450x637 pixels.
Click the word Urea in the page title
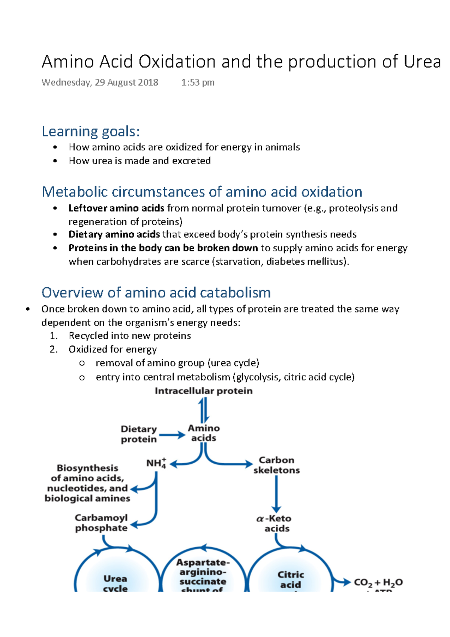[422, 62]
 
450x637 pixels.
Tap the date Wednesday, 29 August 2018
[100, 83]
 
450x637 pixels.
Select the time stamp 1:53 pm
[198, 83]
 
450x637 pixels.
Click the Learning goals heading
[91, 132]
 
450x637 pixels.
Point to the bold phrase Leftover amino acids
[116, 208]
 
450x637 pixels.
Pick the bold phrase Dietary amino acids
[114, 234]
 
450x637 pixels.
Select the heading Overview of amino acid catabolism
[156, 293]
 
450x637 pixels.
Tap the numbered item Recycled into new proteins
[129, 336]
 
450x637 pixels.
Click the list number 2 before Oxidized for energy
[54, 349]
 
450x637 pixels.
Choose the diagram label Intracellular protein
[204, 391]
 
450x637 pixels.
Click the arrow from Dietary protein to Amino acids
[172, 435]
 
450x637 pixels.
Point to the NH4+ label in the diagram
[156, 463]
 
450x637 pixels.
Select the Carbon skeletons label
[276, 465]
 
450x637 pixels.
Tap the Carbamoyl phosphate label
[101, 523]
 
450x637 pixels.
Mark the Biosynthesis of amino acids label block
[87, 483]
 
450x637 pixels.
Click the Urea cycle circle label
[115, 583]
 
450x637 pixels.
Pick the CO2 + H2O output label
[378, 583]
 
